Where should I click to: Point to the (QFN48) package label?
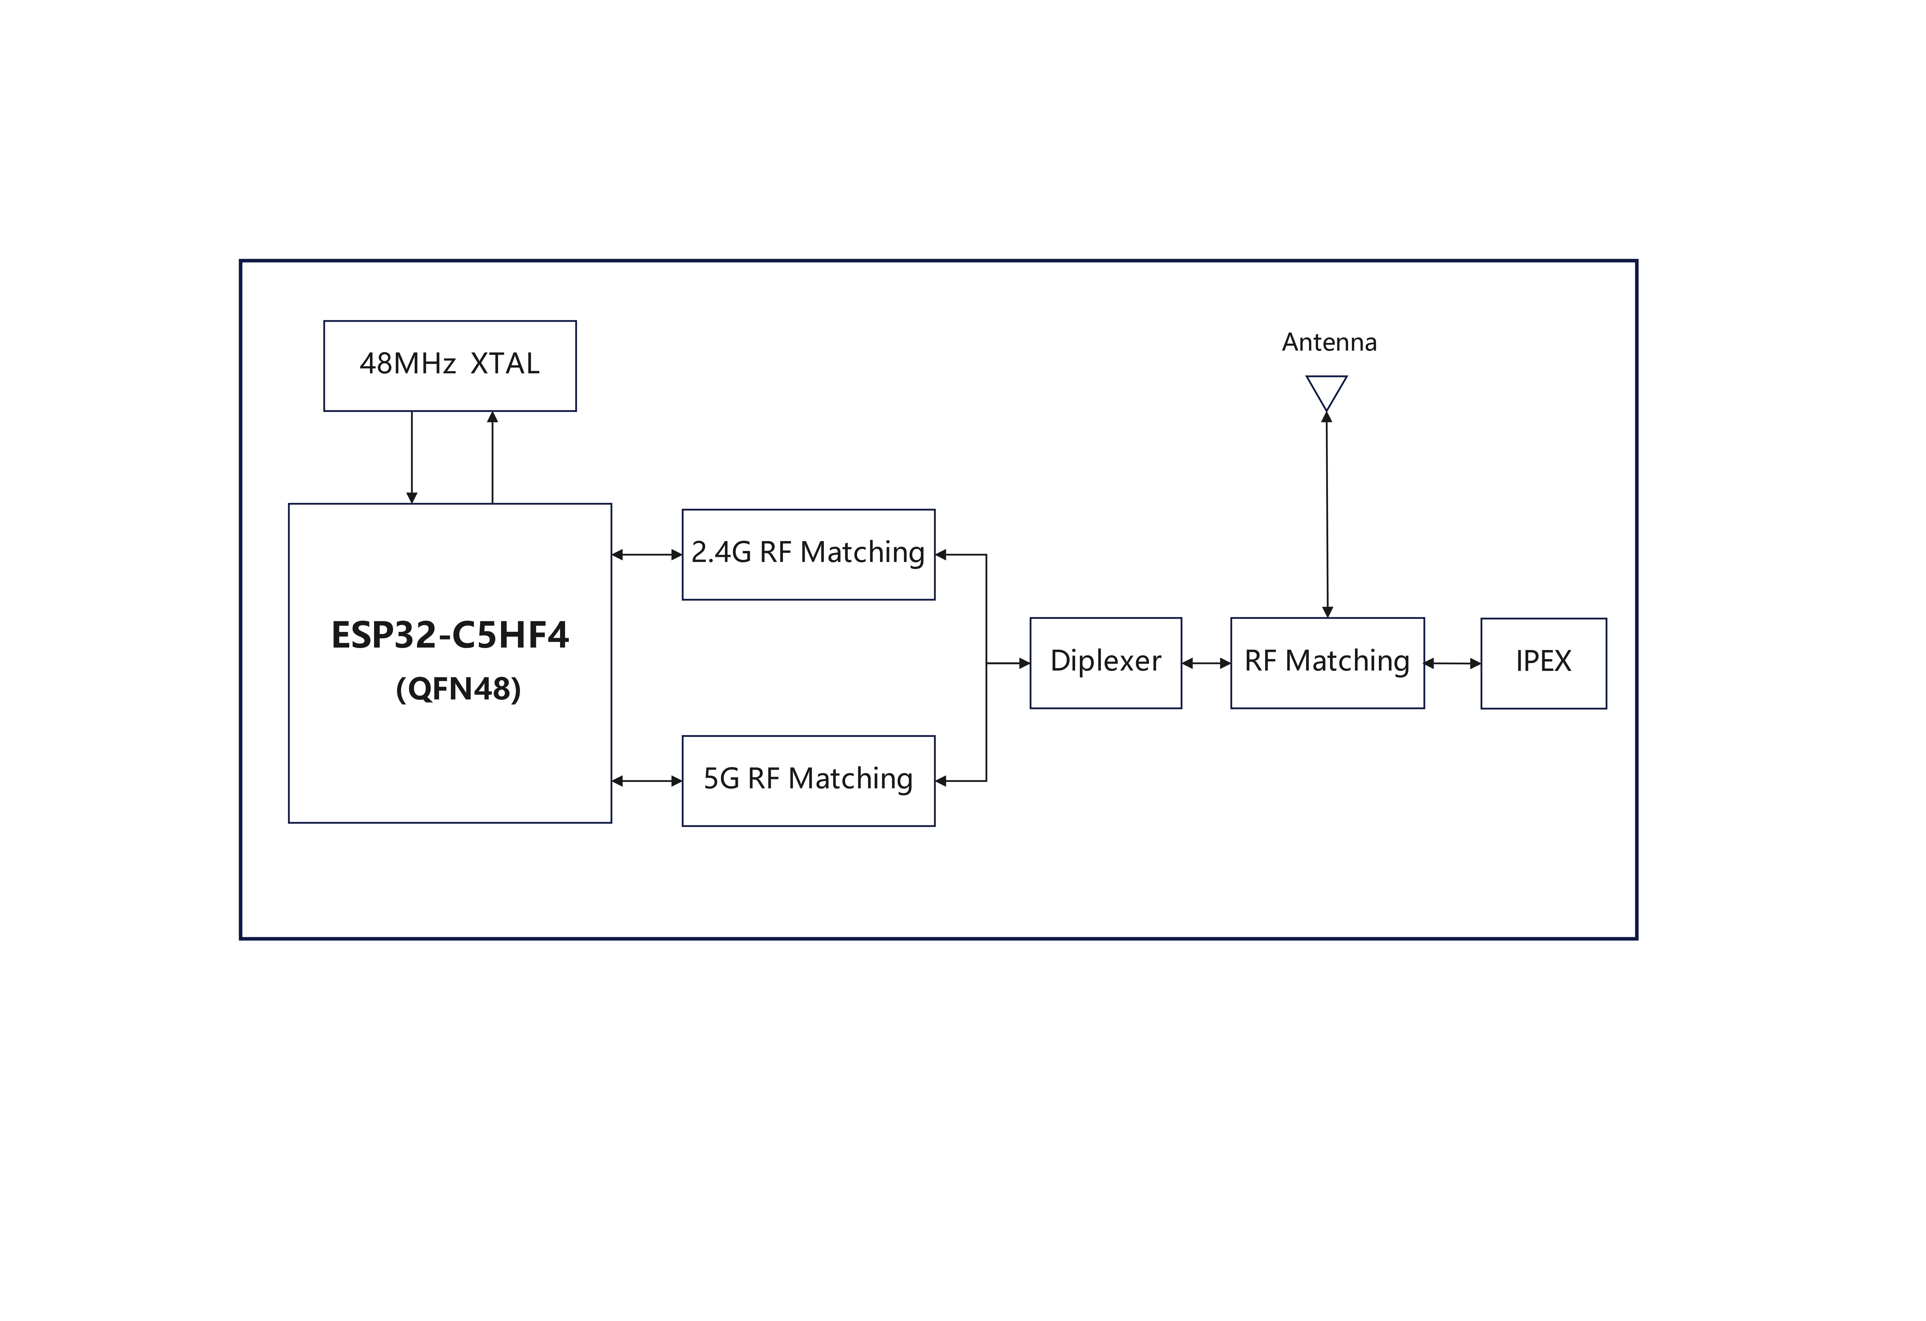tap(458, 689)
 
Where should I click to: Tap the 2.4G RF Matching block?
tap(808, 555)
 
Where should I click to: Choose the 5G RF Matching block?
tap(808, 781)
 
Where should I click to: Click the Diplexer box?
tap(1105, 663)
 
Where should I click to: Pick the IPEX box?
tap(1543, 663)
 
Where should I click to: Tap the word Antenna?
tap(1329, 342)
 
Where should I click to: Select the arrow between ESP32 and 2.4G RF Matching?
tap(646, 555)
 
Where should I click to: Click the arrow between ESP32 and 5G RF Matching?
tap(646, 781)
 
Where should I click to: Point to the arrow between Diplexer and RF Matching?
tap(1206, 663)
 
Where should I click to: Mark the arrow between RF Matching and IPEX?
tap(1452, 663)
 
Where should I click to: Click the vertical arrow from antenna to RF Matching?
tap(1327, 514)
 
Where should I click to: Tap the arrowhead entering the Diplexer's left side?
tap(1024, 663)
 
